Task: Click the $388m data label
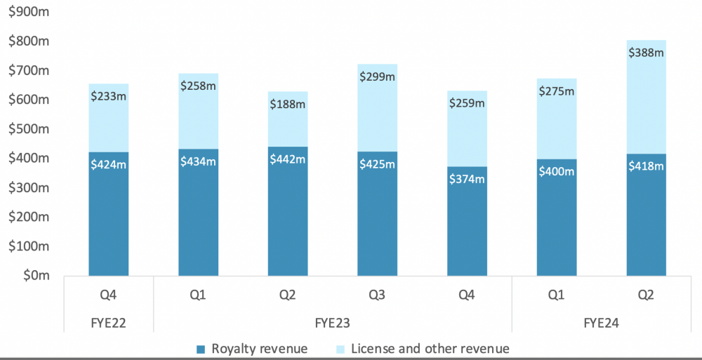tap(647, 52)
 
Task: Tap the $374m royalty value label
tap(467, 179)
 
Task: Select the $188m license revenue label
tap(288, 104)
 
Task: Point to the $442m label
tap(288, 159)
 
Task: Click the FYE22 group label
tap(108, 324)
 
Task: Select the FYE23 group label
tap(332, 324)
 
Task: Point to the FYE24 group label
tap(602, 324)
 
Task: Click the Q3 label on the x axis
tap(377, 295)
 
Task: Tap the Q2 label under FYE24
tap(646, 295)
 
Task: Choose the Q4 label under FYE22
tap(108, 295)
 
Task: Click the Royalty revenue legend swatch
tap(201, 349)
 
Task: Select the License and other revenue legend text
tap(430, 348)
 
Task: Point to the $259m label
tap(467, 103)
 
